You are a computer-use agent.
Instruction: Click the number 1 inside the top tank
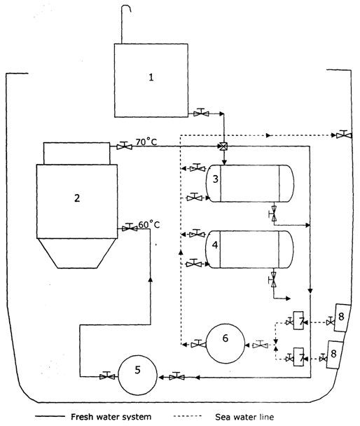(x=151, y=77)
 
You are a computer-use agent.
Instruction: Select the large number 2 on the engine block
(x=77, y=198)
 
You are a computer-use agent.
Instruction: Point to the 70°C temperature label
(x=146, y=142)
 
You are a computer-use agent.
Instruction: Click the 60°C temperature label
(x=149, y=224)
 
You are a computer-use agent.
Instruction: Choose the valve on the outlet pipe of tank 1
(x=201, y=112)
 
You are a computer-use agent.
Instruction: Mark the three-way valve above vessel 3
(x=223, y=146)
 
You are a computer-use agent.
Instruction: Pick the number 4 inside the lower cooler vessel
(x=216, y=245)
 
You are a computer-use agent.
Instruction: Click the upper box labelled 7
(x=299, y=321)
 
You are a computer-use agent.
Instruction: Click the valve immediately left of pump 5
(x=106, y=376)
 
